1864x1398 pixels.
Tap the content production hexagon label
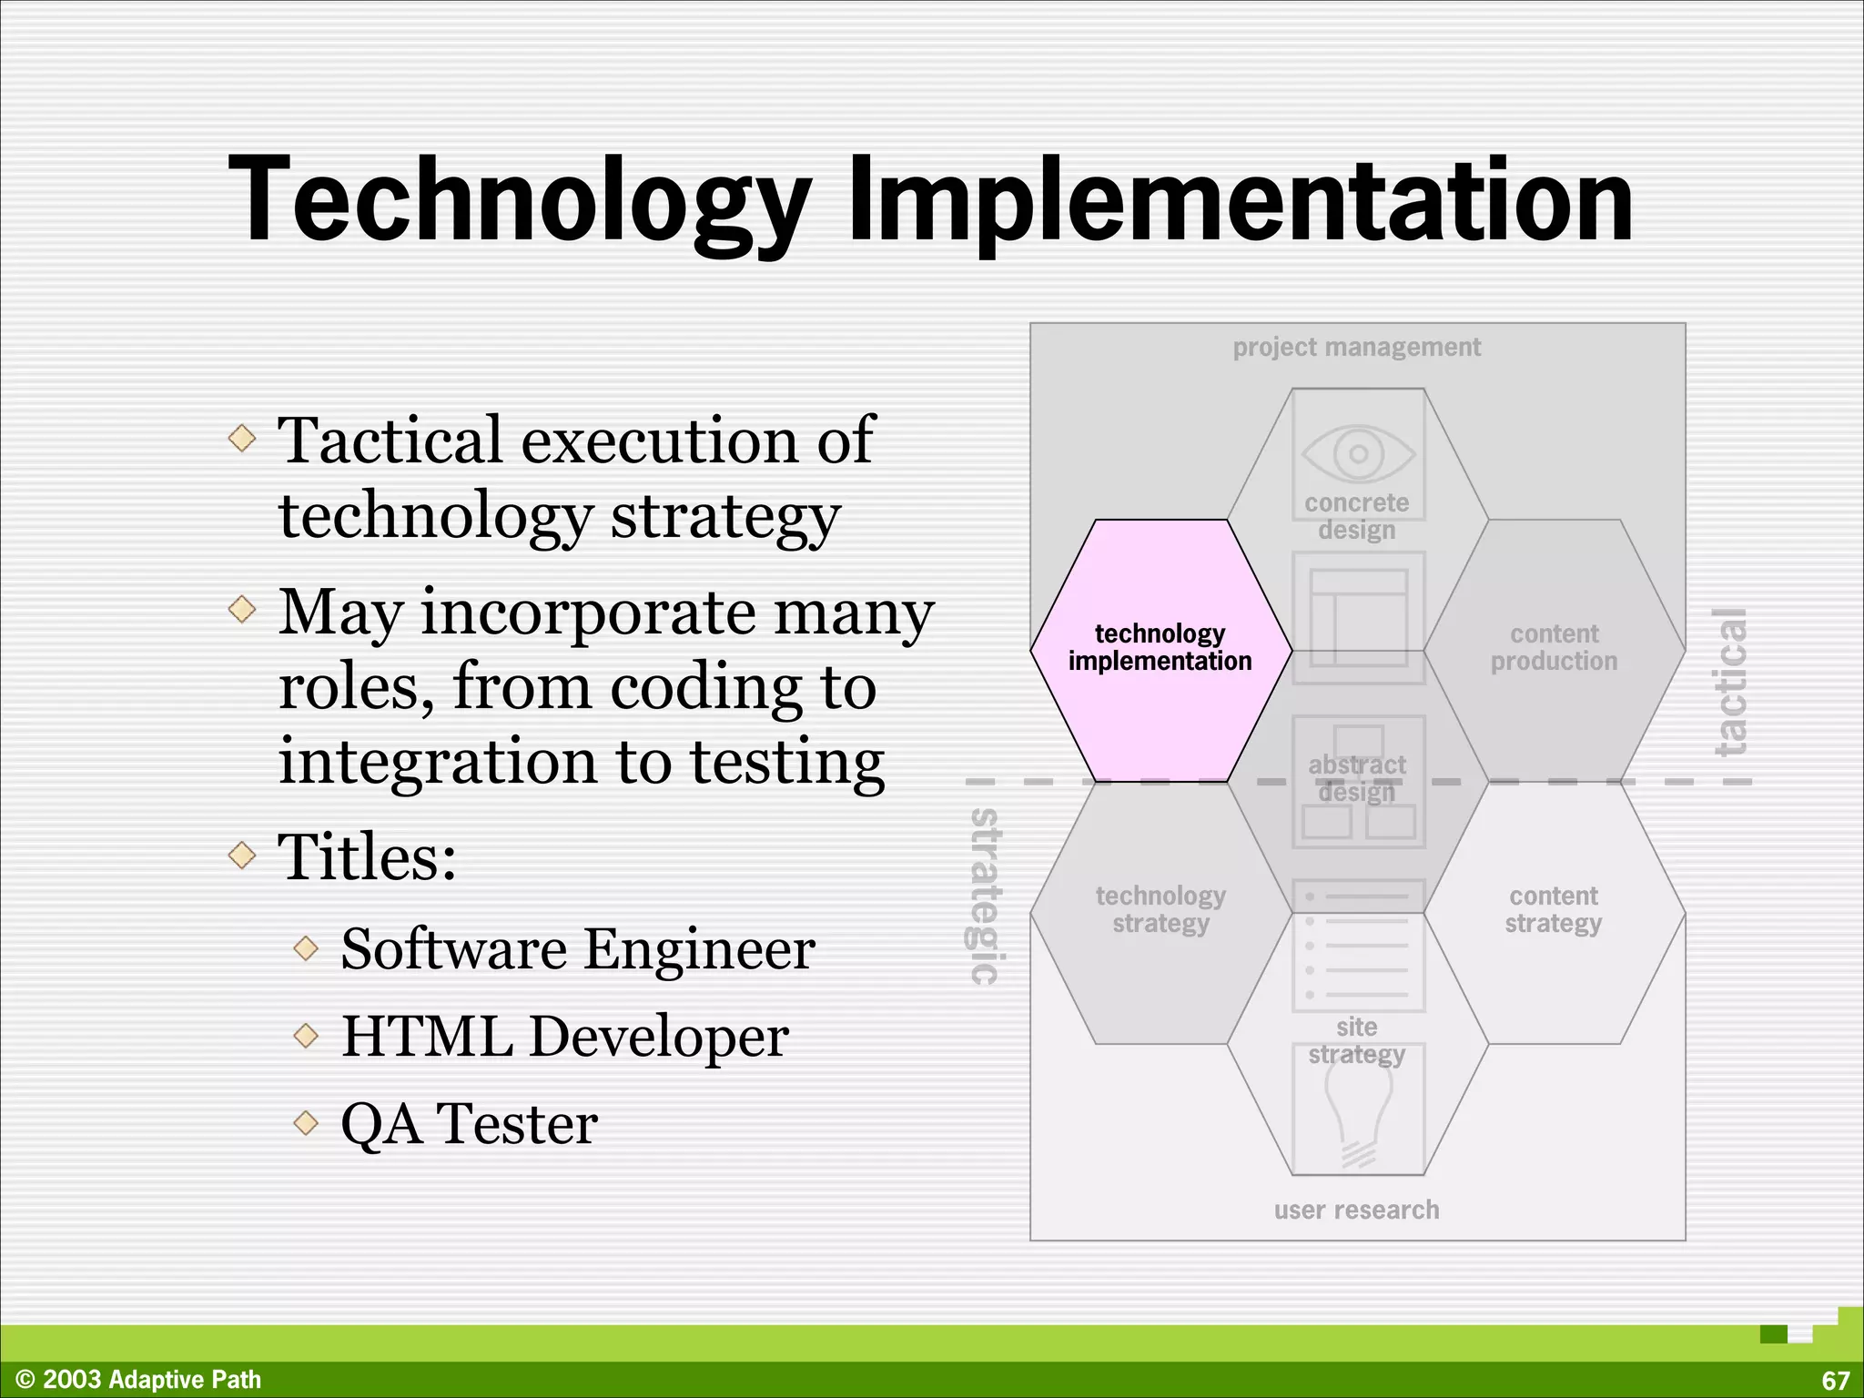(1554, 647)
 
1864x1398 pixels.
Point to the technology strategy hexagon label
(1160, 909)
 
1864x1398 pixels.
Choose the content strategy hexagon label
(1554, 909)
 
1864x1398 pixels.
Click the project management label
(1356, 347)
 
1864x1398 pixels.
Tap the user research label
(1356, 1210)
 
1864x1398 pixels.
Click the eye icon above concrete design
(1358, 452)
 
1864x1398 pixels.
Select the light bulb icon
(1358, 1115)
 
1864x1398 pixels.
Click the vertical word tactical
(1730, 683)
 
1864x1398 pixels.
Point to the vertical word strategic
(984, 897)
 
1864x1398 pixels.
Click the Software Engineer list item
(578, 949)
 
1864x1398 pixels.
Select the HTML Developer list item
(564, 1036)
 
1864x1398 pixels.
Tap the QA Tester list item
(469, 1123)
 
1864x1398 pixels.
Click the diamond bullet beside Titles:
(242, 855)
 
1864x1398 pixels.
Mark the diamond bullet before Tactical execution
(242, 439)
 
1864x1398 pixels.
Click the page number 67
(1835, 1381)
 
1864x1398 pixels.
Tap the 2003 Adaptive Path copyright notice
(139, 1380)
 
